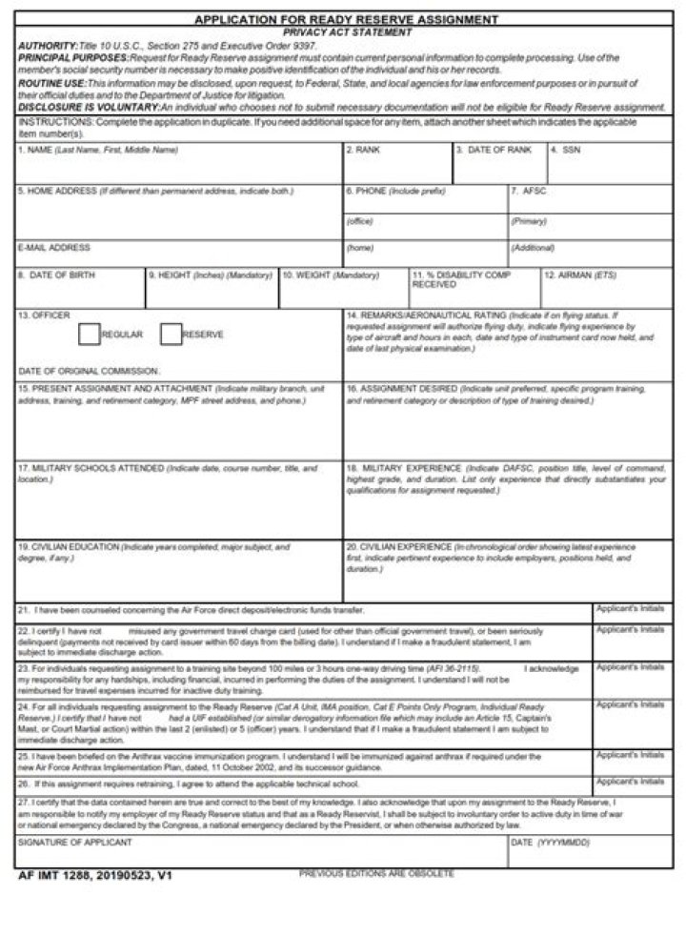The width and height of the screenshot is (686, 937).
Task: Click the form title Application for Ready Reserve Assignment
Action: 346,19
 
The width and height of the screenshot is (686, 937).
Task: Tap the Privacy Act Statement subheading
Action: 347,31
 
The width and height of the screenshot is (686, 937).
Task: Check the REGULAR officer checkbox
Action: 89,335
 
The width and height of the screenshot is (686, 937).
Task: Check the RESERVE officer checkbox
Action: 171,335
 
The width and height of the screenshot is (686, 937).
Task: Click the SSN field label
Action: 566,151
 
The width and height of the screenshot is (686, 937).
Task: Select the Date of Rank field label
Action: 494,151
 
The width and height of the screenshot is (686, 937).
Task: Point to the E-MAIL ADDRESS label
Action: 54,248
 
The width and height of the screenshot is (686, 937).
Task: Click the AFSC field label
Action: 529,191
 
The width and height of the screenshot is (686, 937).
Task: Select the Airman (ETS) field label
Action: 580,275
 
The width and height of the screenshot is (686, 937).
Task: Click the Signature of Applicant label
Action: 75,844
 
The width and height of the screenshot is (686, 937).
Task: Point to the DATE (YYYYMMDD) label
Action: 551,844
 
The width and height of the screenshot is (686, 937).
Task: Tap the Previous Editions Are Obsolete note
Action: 376,873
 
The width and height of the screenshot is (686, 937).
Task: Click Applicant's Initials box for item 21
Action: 629,614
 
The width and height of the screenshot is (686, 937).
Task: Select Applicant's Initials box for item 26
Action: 629,787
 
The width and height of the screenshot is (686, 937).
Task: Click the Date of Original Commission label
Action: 89,371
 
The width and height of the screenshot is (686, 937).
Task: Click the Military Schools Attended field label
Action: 91,469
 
